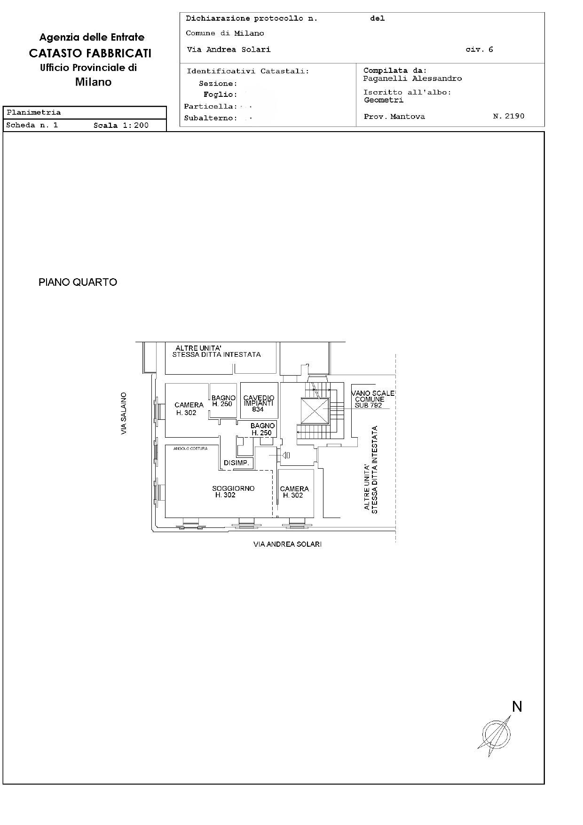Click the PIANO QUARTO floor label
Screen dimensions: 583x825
[78, 282]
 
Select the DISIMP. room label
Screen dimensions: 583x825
[236, 463]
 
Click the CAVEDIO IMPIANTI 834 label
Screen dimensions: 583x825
[258, 404]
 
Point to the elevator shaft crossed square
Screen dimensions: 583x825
[315, 411]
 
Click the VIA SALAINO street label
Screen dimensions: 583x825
[124, 413]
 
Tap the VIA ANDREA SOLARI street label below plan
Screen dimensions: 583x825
[287, 544]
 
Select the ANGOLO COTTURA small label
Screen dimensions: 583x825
[190, 448]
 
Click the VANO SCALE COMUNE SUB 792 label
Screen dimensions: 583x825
[373, 399]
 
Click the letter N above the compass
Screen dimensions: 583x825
[517, 706]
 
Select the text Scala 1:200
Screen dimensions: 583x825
[121, 125]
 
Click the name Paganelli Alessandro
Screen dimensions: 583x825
[412, 79]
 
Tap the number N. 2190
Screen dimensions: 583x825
[509, 116]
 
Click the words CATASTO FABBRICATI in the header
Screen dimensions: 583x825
[90, 53]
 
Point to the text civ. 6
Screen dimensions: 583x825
[479, 49]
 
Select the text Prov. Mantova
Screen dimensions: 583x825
[394, 117]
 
